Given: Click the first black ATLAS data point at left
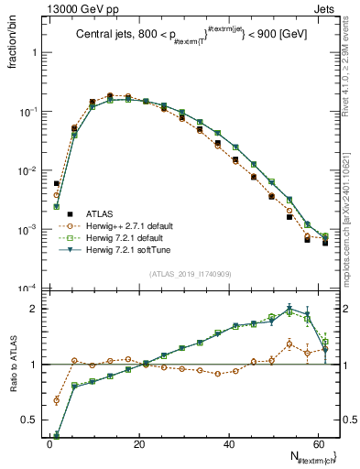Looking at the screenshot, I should pos(57,183).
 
